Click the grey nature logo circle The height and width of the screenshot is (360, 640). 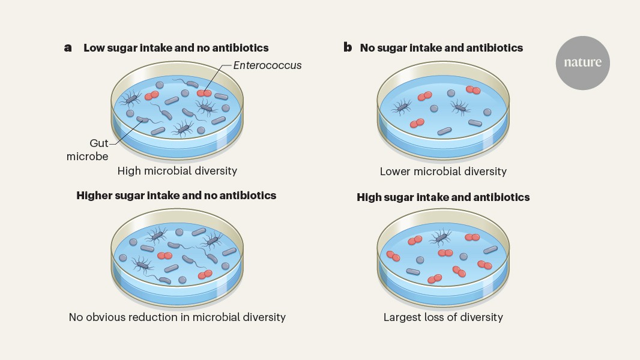pyautogui.click(x=582, y=63)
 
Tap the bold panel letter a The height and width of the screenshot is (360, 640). pyautogui.click(x=68, y=48)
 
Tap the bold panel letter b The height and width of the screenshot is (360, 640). pyautogui.click(x=348, y=47)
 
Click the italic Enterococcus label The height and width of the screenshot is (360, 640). pyautogui.click(x=267, y=65)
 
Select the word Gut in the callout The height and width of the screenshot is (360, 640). pyautogui.click(x=99, y=143)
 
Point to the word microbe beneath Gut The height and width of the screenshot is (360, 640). pyautogui.click(x=87, y=156)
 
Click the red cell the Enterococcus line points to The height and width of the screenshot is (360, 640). pyautogui.click(x=204, y=94)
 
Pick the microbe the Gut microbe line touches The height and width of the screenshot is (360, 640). pyautogui.click(x=142, y=119)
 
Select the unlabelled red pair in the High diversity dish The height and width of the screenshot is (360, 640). pyautogui.click(x=151, y=95)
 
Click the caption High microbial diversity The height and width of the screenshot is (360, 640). pyautogui.click(x=177, y=171)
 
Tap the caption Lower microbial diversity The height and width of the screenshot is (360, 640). pyautogui.click(x=443, y=171)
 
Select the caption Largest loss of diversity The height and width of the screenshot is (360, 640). pyautogui.click(x=443, y=317)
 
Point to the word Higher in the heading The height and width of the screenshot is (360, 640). pyautogui.click(x=94, y=196)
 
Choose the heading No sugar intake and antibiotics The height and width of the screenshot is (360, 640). pyautogui.click(x=441, y=48)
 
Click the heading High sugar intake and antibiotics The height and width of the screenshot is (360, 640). pyautogui.click(x=443, y=197)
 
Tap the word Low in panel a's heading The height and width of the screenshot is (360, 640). pyautogui.click(x=94, y=48)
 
